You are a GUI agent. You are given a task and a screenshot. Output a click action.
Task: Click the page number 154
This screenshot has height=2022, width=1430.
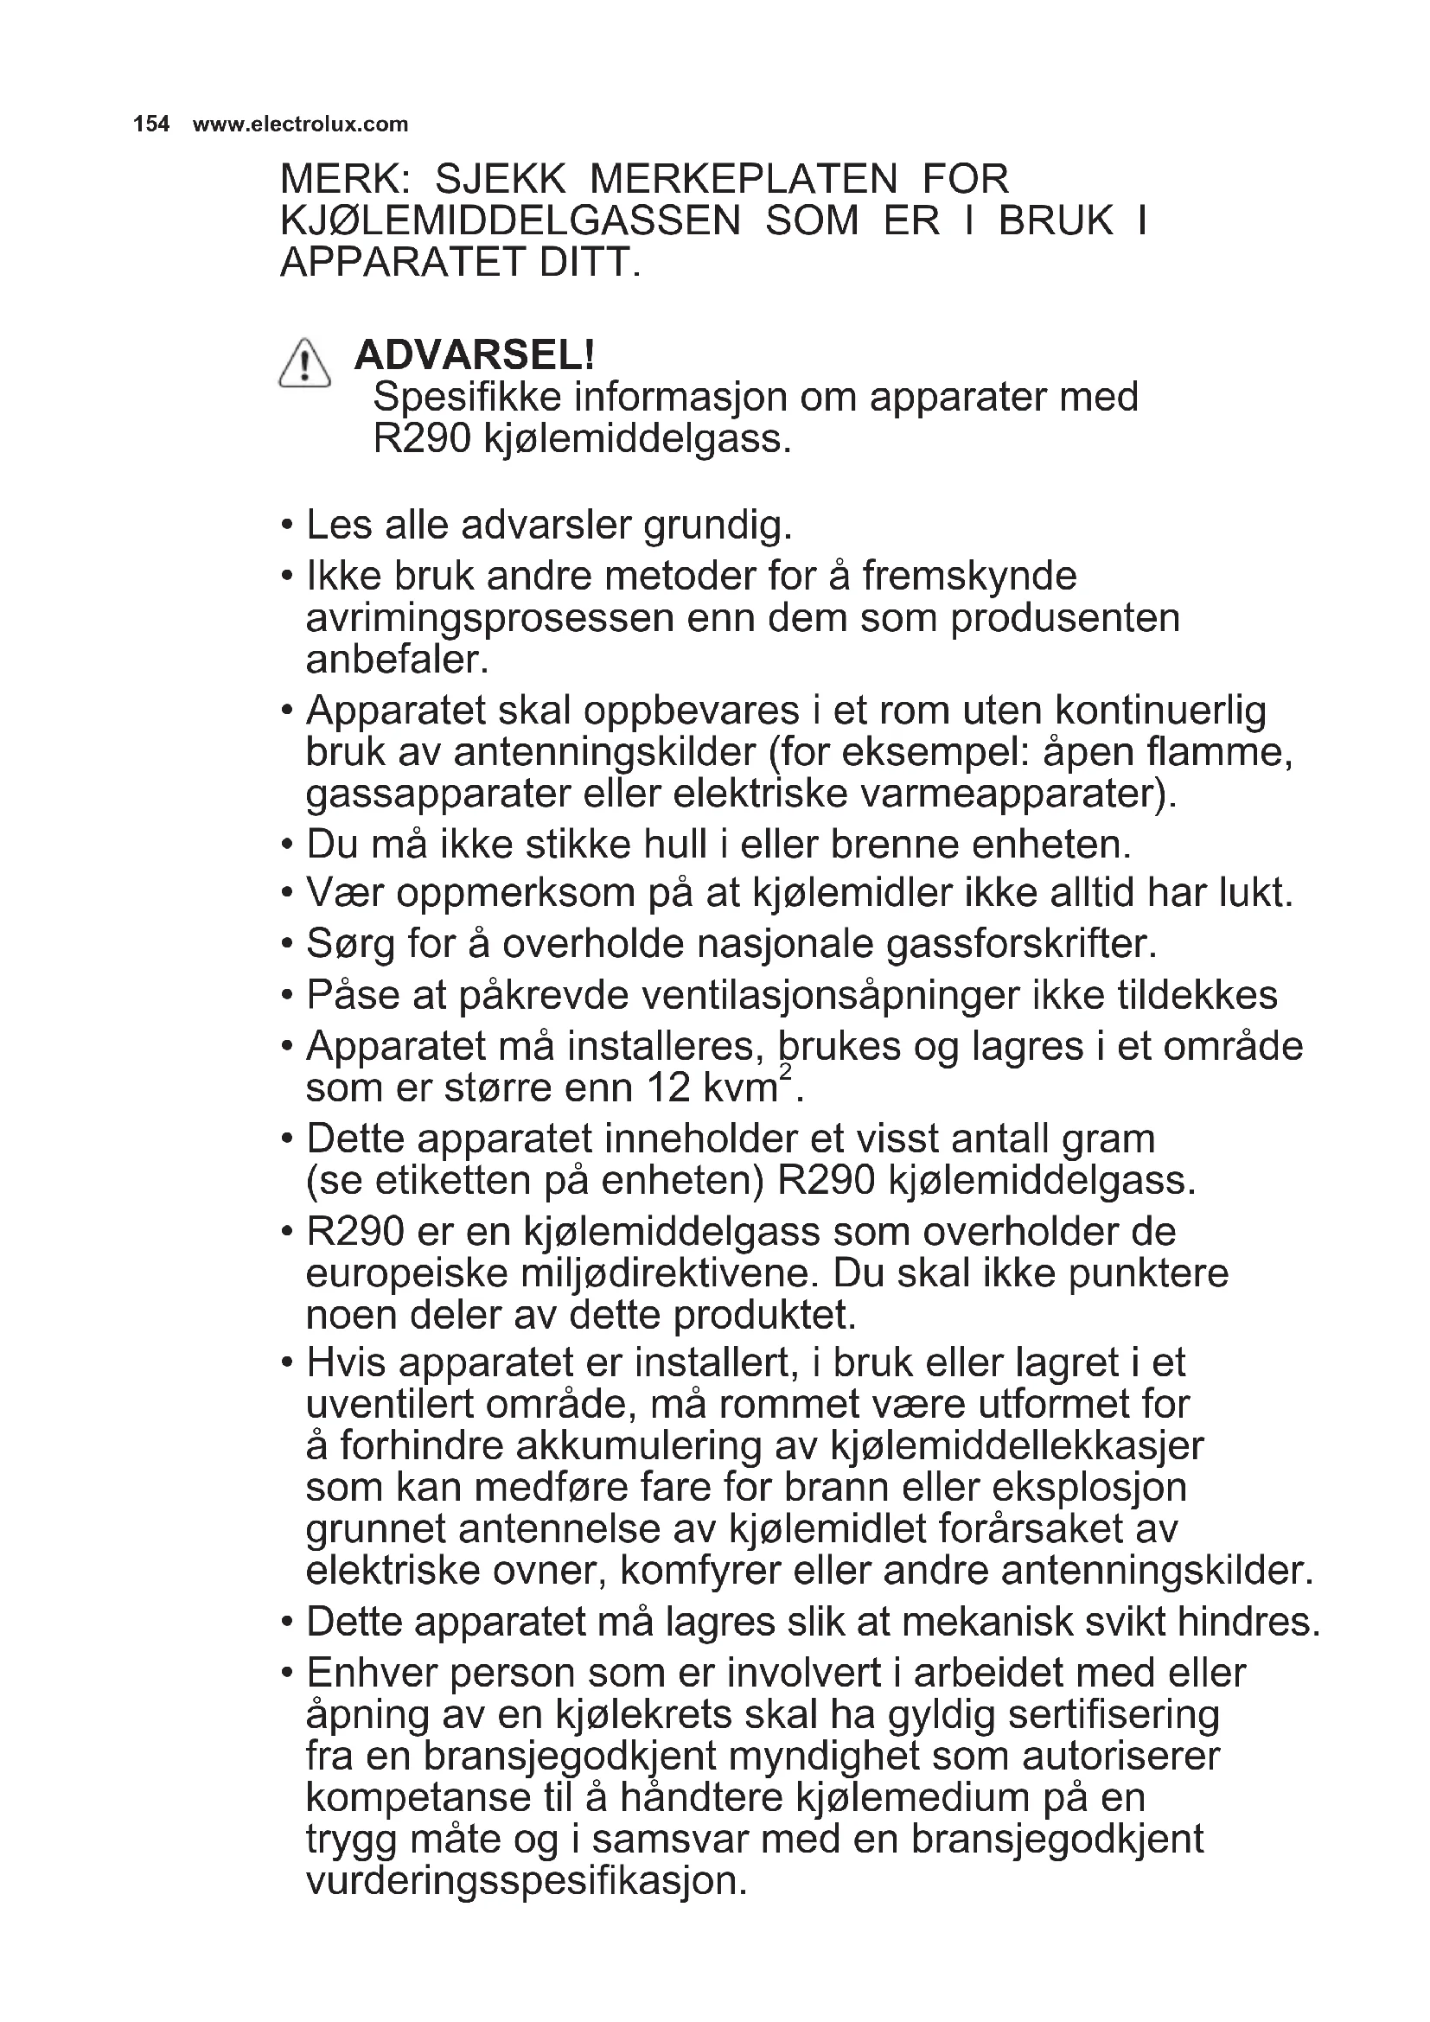(x=150, y=124)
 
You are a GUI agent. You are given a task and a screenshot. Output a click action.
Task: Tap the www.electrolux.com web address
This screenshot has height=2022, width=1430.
(x=300, y=124)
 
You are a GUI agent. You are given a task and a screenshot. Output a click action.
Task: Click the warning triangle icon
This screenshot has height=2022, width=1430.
(x=304, y=365)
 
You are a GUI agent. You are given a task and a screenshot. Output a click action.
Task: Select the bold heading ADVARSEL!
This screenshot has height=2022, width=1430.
(x=475, y=355)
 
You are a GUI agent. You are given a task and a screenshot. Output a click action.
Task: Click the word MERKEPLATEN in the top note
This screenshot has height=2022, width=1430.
(x=744, y=180)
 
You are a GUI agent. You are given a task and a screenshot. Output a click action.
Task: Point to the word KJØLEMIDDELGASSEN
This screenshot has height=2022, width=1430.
(x=510, y=221)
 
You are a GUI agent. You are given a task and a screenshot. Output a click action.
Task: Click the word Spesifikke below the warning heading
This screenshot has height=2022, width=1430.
(x=467, y=397)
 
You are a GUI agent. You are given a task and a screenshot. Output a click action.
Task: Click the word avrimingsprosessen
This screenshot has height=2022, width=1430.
(x=489, y=618)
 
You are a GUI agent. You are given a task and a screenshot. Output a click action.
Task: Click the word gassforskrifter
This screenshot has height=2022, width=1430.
(x=1019, y=944)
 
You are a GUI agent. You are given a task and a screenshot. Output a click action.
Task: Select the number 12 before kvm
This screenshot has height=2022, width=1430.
(x=668, y=1088)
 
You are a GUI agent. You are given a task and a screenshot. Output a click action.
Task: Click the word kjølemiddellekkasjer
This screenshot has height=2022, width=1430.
(x=1017, y=1446)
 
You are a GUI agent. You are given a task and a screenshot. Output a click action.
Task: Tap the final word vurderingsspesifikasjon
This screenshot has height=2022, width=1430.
(x=526, y=1881)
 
